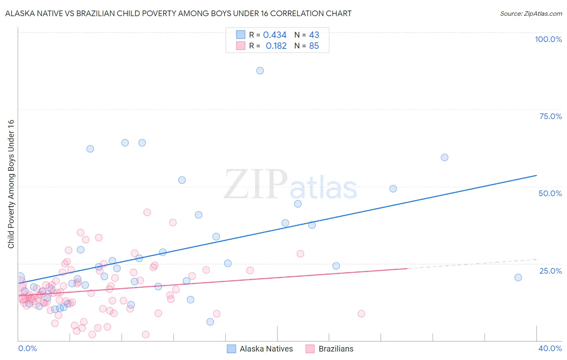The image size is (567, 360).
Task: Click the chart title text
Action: pos(178,14)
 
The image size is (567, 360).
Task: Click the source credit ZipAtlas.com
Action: pos(531,14)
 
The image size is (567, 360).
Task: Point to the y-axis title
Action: pos(11,184)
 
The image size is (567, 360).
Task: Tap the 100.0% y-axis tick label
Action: pos(548,39)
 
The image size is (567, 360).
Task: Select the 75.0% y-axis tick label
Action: pos(550,116)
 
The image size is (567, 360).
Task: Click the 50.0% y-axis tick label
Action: pos(550,193)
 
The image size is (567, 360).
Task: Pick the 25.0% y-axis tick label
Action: pos(550,271)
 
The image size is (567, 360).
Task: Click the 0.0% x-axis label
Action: pos(27,348)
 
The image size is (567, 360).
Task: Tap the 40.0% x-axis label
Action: pos(550,348)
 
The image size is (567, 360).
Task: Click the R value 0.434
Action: pos(275,35)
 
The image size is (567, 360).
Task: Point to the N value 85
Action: pos(314,46)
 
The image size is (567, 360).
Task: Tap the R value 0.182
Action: pos(276,46)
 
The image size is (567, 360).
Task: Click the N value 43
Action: pos(314,35)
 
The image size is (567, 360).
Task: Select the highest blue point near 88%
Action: pos(260,71)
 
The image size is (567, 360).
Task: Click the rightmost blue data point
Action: pos(518,277)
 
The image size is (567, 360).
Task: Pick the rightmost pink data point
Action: pos(361,314)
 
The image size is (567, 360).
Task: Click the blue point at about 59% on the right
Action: pos(444,157)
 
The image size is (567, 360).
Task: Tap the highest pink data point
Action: pos(147,212)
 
